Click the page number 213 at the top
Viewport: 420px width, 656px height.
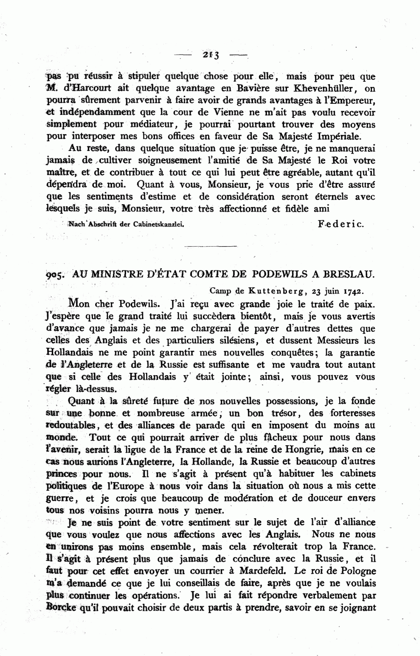211,55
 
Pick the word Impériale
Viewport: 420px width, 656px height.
341,137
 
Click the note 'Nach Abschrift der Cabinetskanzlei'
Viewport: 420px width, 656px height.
126,224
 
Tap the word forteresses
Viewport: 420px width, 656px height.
353,414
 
